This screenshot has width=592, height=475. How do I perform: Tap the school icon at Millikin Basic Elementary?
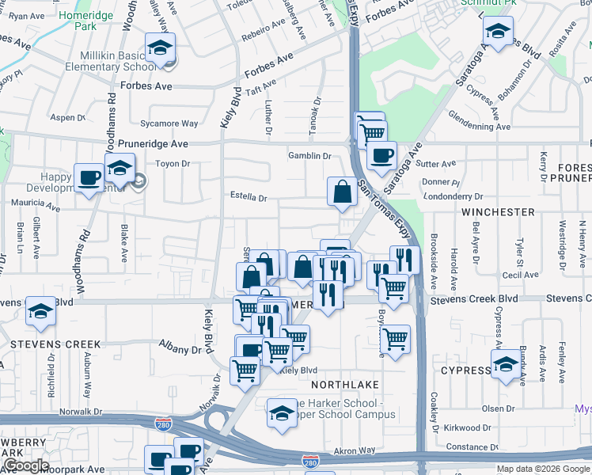click(x=160, y=47)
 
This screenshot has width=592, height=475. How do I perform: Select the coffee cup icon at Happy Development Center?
click(x=88, y=177)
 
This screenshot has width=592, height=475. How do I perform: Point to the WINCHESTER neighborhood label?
click(x=499, y=212)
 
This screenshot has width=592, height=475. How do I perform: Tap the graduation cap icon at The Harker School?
click(x=281, y=412)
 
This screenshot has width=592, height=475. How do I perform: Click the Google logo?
click(x=25, y=465)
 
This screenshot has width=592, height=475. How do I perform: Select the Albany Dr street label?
click(x=180, y=350)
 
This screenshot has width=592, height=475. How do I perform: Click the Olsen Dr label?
click(x=499, y=408)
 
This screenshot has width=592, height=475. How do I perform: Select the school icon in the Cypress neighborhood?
click(x=505, y=365)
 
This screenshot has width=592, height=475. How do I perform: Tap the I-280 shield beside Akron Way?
click(x=311, y=459)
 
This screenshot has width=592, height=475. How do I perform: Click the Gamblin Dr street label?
click(x=309, y=157)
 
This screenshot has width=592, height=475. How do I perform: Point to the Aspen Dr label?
click(x=68, y=117)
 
